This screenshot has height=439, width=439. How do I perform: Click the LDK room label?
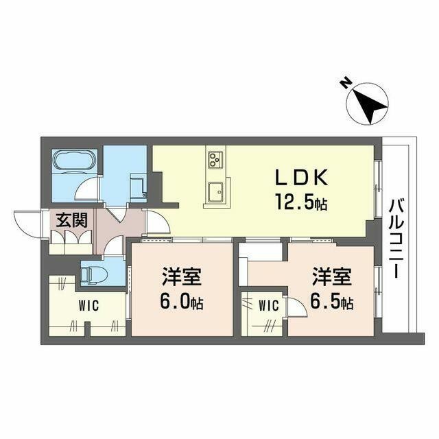pyautogui.click(x=303, y=178)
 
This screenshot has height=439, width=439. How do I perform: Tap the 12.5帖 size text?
pyautogui.click(x=302, y=204)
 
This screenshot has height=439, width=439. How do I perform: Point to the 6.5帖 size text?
pyautogui.click(x=332, y=302)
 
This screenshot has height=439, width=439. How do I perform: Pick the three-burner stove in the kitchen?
pyautogui.click(x=214, y=160)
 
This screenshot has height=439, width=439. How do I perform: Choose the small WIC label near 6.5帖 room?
pyautogui.click(x=268, y=306)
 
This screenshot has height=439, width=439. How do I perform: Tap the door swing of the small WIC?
pyautogui.click(x=296, y=307)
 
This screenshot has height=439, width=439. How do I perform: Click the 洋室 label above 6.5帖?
pyautogui.click(x=332, y=278)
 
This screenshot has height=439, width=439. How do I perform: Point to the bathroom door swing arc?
pyautogui.click(x=87, y=189)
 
